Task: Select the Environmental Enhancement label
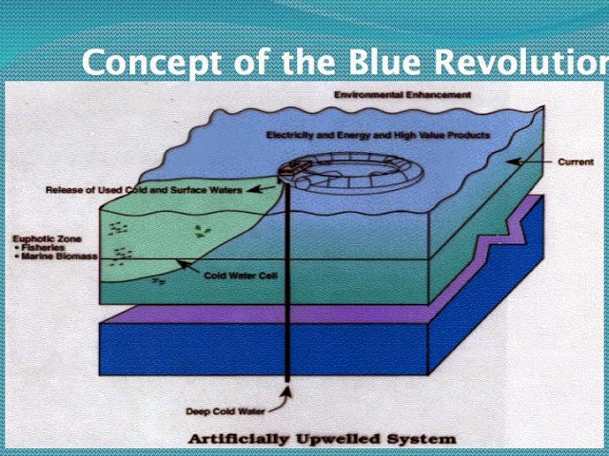point(403,96)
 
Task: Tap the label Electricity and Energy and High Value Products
point(378,136)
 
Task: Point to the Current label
point(576,162)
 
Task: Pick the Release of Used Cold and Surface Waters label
point(144,190)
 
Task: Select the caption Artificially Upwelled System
point(322,439)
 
